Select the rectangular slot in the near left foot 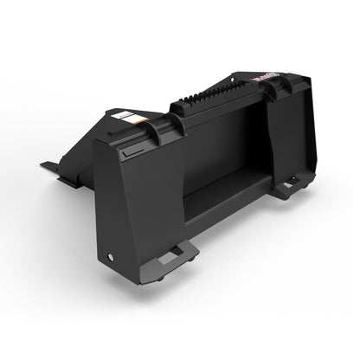(176, 252)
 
